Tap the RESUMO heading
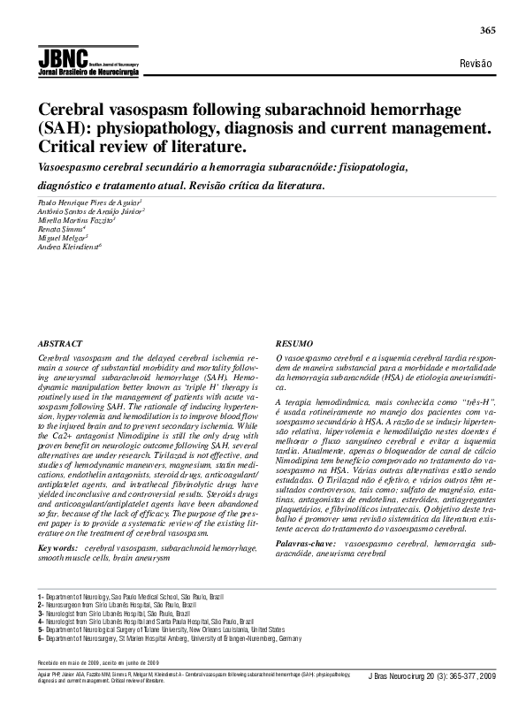294,341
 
